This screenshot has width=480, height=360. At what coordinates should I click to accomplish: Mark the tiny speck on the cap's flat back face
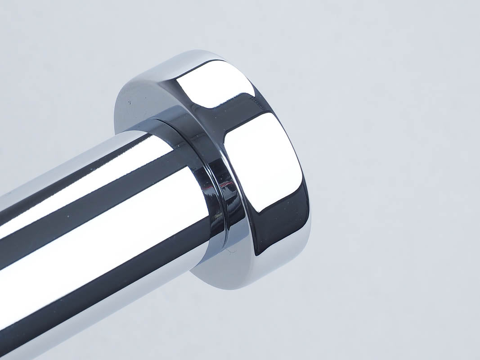pyautogui.click(x=130, y=103)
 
